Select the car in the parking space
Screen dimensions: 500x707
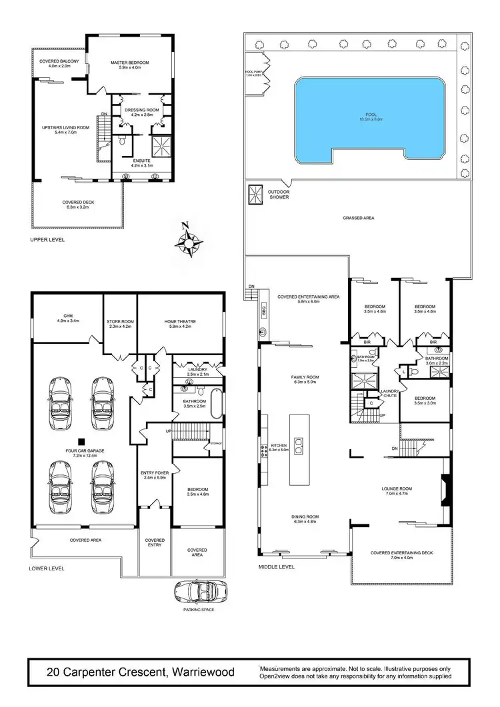(199, 590)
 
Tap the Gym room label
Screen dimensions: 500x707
(67, 318)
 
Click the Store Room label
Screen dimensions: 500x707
(121, 325)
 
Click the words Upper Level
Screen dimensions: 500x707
(47, 239)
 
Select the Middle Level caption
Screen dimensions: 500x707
(275, 568)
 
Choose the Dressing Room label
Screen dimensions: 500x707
(139, 111)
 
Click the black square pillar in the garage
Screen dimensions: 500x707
(81, 441)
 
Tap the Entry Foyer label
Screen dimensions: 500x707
(154, 475)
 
